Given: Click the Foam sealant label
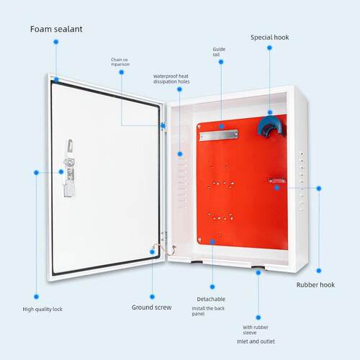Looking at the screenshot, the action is click(56, 29).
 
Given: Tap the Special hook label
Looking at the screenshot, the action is click(270, 37).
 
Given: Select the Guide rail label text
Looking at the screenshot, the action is click(219, 52).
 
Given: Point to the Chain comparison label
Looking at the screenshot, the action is click(120, 62).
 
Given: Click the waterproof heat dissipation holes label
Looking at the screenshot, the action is click(171, 79).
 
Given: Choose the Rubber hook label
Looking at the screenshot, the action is click(315, 285).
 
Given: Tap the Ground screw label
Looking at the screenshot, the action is click(152, 307).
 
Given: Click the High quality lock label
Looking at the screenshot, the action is click(42, 309).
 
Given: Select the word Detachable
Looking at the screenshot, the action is click(211, 299).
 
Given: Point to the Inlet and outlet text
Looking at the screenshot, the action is click(256, 341).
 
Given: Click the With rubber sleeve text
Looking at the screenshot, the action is click(256, 330).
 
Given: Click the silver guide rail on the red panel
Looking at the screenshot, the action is click(219, 135).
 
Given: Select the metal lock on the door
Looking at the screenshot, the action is click(69, 168).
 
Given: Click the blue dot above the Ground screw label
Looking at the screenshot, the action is click(152, 297).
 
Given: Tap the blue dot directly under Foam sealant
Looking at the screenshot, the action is click(56, 42).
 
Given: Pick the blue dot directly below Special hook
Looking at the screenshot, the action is click(269, 48).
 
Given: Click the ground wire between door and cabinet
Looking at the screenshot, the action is click(165, 250).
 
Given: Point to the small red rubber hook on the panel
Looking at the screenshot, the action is click(277, 181).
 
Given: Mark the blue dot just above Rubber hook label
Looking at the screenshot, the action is click(319, 271).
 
